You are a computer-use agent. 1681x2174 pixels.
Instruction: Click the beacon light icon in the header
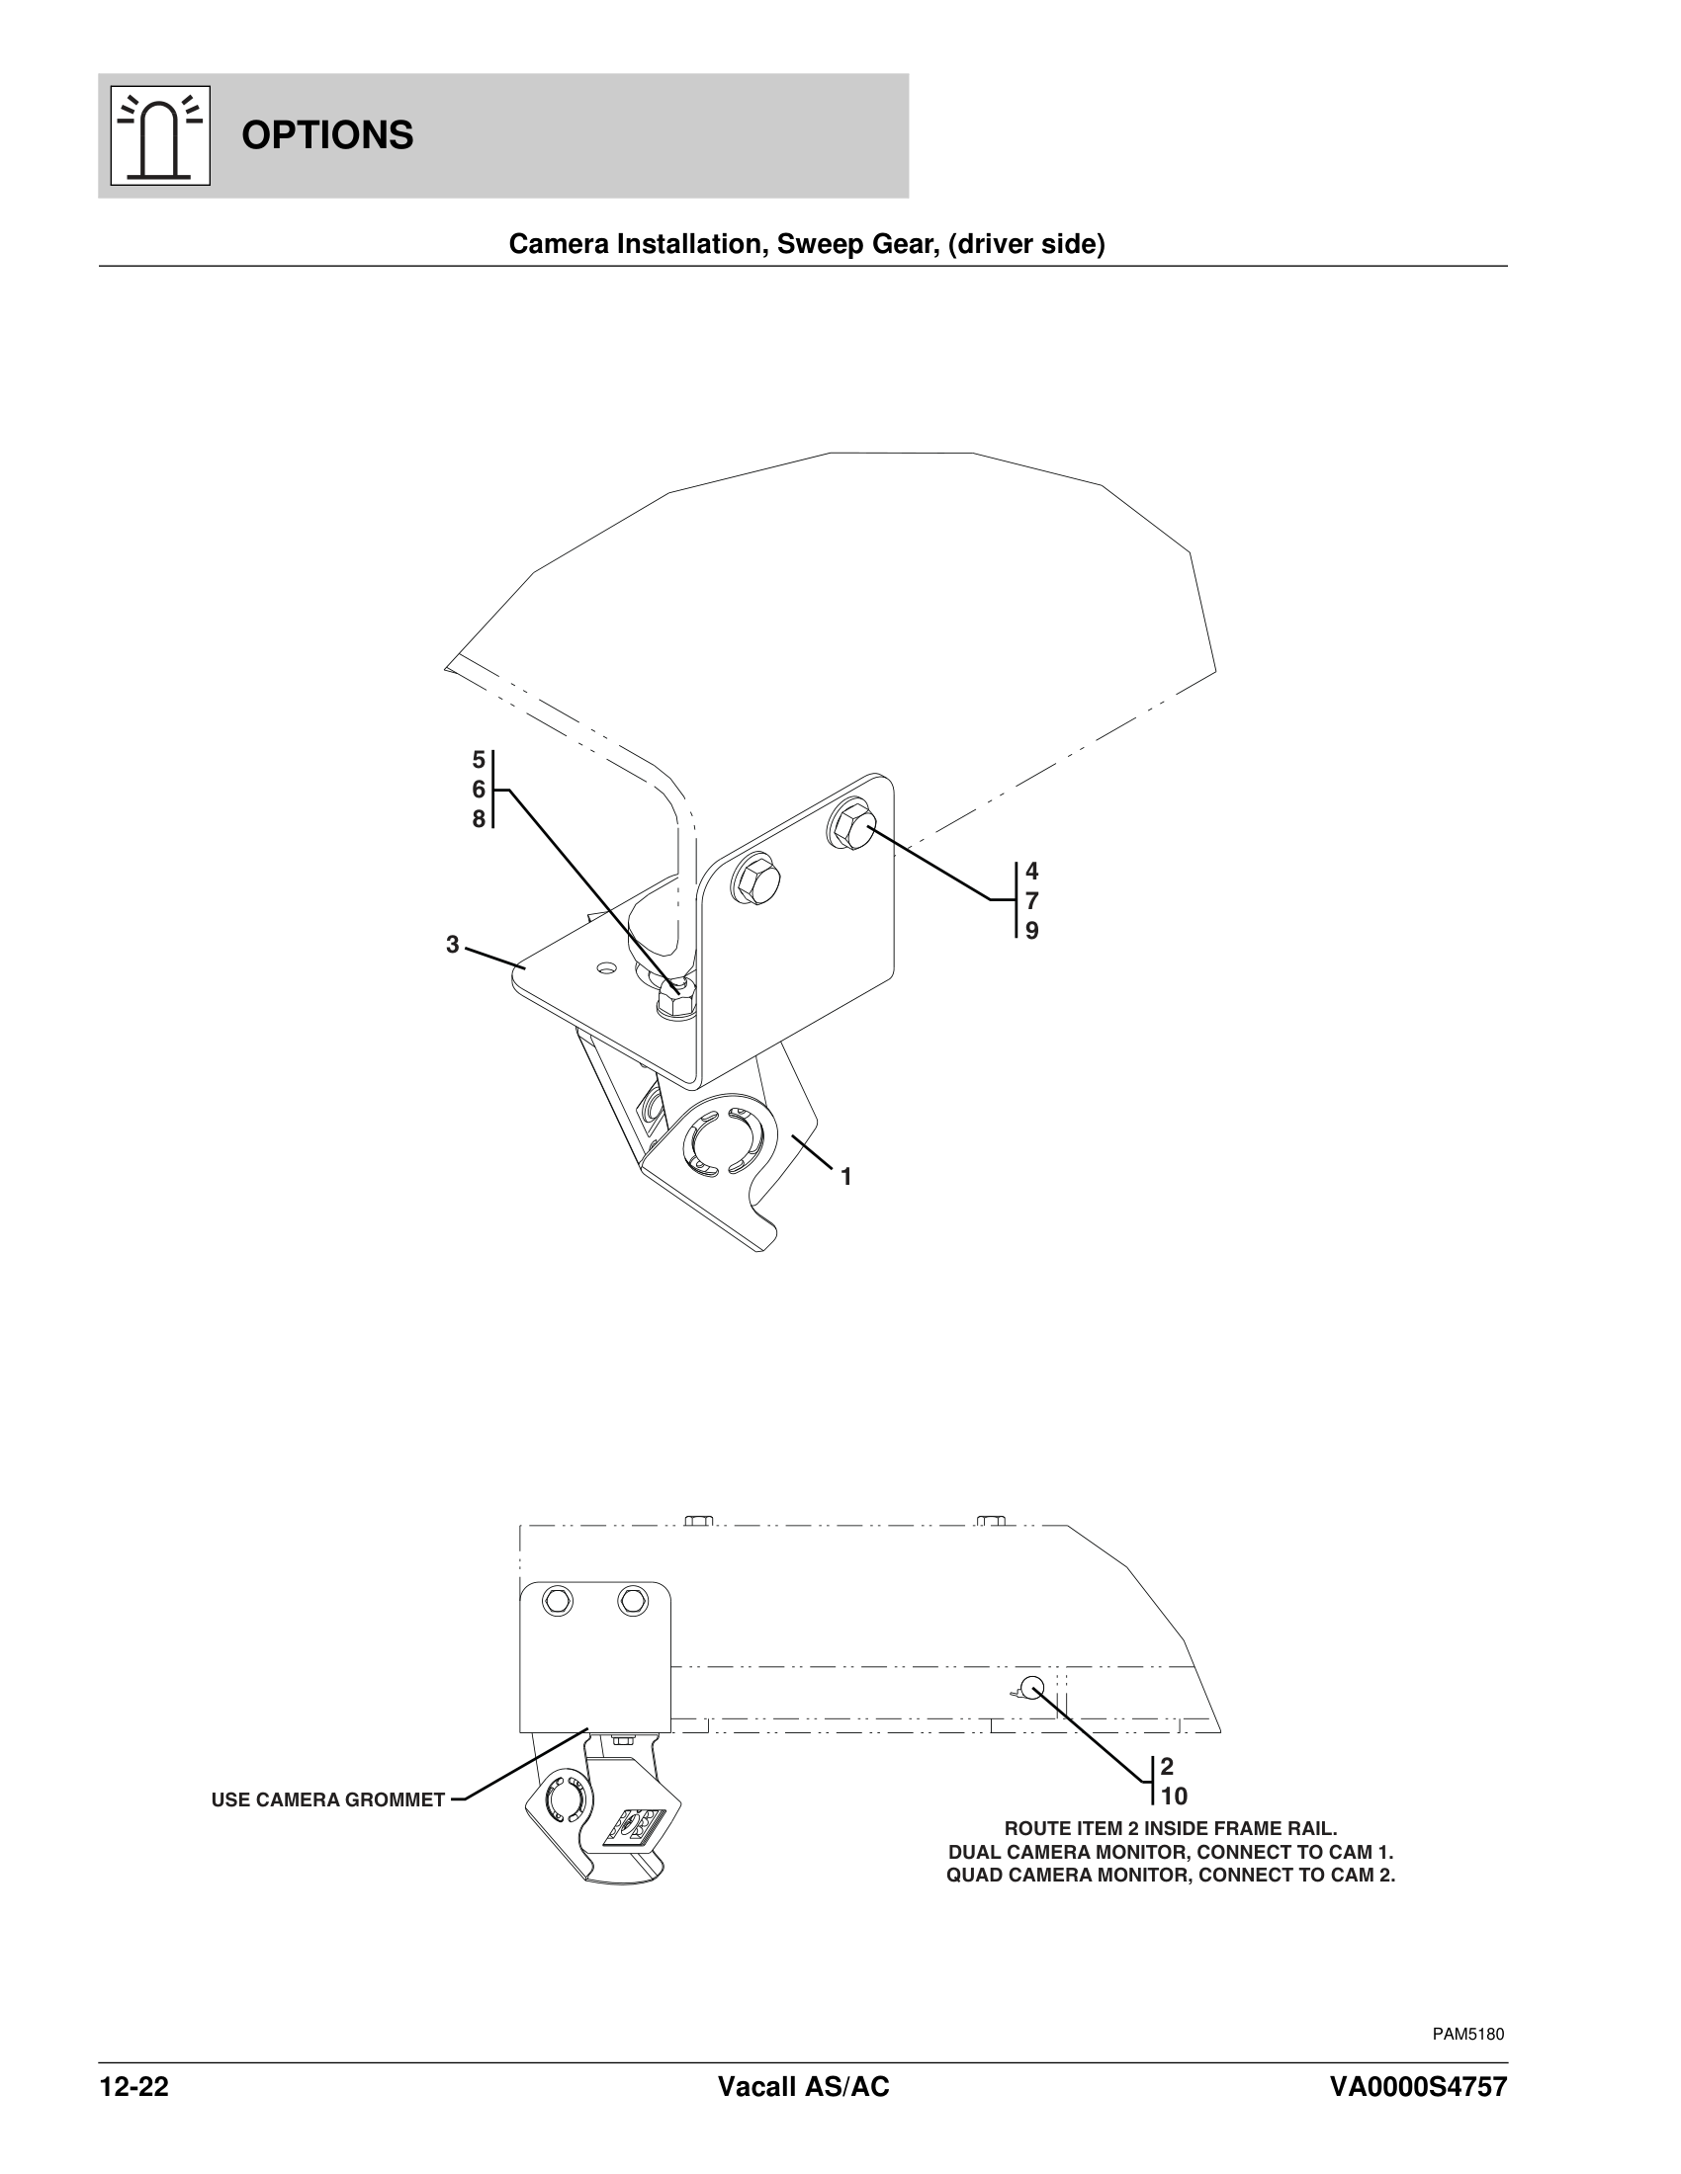tap(159, 135)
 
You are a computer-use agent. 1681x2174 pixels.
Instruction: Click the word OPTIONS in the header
tap(326, 135)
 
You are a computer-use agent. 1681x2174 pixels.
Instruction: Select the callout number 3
tap(452, 945)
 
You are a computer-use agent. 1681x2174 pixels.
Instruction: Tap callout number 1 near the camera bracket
tap(845, 1178)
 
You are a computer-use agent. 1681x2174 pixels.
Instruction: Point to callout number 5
tap(478, 761)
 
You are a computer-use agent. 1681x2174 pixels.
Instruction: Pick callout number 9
tap(1031, 931)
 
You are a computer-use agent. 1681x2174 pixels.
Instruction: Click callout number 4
tap(1031, 872)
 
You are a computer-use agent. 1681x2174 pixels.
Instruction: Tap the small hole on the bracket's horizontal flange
tap(605, 966)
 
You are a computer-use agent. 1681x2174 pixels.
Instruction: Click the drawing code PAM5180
tap(1467, 2034)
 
